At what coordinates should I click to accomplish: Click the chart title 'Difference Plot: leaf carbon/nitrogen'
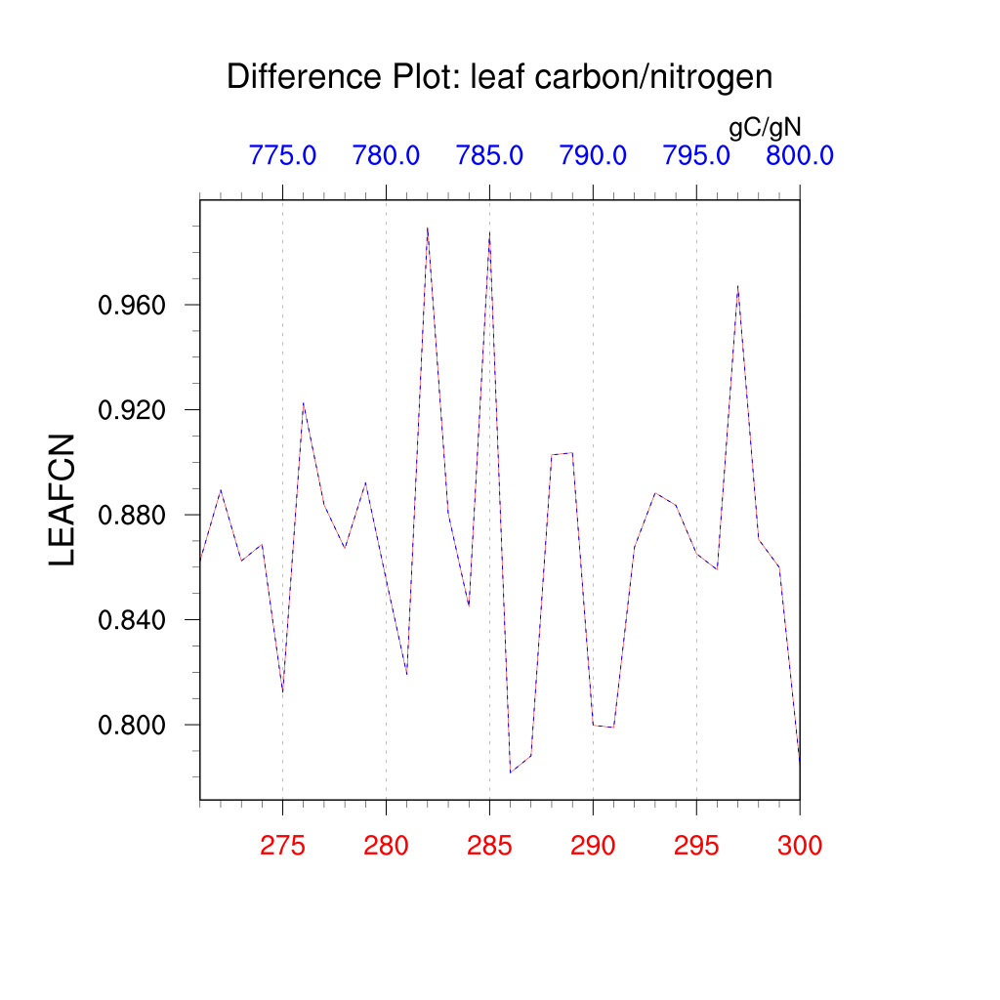pyautogui.click(x=499, y=77)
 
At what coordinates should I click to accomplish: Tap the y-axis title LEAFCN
pyautogui.click(x=62, y=499)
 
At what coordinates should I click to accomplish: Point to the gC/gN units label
pyautogui.click(x=765, y=127)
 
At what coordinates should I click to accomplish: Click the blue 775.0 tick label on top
pyautogui.click(x=282, y=155)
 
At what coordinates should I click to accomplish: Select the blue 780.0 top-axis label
pyautogui.click(x=386, y=155)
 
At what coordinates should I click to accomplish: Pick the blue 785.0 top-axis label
pyautogui.click(x=489, y=155)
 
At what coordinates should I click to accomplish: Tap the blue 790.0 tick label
pyautogui.click(x=593, y=155)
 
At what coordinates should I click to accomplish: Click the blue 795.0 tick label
pyautogui.click(x=696, y=155)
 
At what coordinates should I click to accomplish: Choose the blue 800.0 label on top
pyautogui.click(x=799, y=155)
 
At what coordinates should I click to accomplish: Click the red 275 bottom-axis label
pyautogui.click(x=282, y=846)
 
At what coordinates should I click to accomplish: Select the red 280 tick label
pyautogui.click(x=386, y=846)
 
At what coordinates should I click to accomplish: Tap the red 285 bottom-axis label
pyautogui.click(x=489, y=846)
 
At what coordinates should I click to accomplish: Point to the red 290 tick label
pyautogui.click(x=593, y=846)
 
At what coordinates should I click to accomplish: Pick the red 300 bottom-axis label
pyautogui.click(x=799, y=846)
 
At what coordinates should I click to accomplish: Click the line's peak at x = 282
pyautogui.click(x=427, y=228)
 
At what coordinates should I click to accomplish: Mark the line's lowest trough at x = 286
pyautogui.click(x=510, y=772)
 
